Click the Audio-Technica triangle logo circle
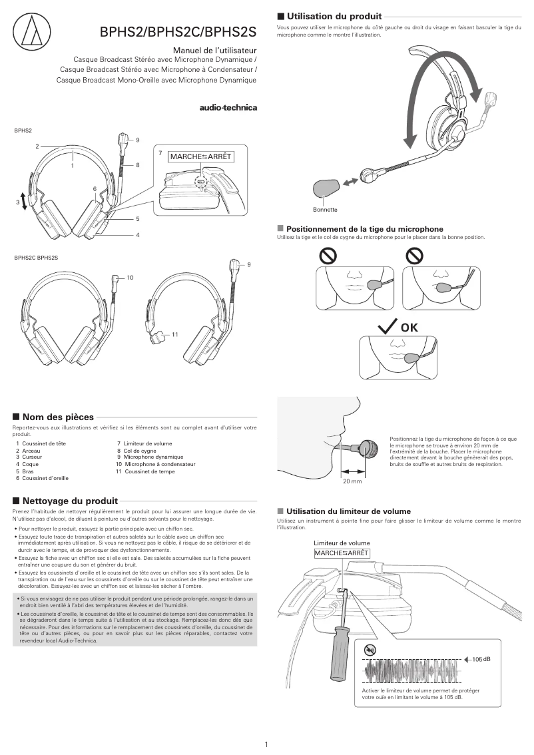[x=30, y=29]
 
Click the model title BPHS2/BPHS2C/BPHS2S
[x=178, y=31]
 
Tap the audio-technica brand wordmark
[x=228, y=107]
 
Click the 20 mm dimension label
[x=352, y=481]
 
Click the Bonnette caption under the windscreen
[x=325, y=210]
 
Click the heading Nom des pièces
[x=58, y=416]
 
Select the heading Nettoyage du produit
[x=70, y=501]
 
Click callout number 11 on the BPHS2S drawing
[x=175, y=333]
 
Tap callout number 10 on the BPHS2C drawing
[x=130, y=277]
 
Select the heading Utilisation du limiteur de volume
[x=348, y=511]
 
